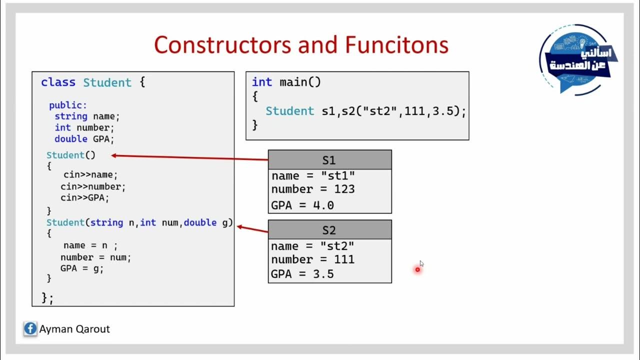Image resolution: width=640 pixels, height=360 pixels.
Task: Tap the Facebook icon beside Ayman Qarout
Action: pos(30,329)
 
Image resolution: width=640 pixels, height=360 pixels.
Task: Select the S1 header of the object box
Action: pos(329,160)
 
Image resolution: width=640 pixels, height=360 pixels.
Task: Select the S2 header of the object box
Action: pos(329,230)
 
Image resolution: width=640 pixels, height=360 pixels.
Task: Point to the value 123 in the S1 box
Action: pos(345,189)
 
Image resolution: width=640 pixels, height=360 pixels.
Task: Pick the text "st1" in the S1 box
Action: pos(337,176)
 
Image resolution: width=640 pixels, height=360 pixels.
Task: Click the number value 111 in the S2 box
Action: pos(344,259)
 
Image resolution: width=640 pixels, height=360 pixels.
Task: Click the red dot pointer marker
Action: pos(417,270)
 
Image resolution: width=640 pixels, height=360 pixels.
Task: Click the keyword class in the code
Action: pos(58,82)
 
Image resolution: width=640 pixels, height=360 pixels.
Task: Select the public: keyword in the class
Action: pos(68,105)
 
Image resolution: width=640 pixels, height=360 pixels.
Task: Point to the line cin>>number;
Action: pos(93,186)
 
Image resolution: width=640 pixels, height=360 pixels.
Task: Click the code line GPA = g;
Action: pos(82,268)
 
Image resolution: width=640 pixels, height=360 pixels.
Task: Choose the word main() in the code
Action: pos(300,82)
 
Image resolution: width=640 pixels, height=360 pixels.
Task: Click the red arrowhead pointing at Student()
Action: pos(114,155)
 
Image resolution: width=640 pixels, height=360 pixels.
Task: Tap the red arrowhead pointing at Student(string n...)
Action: pos(239,227)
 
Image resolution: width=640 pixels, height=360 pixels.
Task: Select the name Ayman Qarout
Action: pos(74,329)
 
